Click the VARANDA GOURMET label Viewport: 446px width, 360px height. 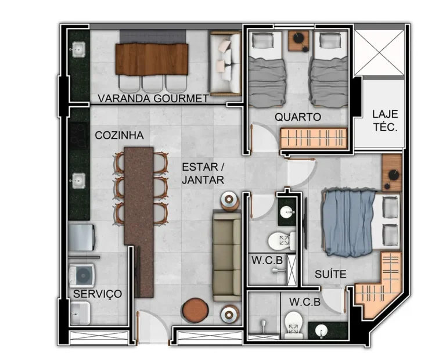click(153, 98)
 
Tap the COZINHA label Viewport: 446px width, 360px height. click(119, 135)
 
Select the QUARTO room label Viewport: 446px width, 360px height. click(298, 117)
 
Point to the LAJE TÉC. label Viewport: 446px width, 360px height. click(385, 121)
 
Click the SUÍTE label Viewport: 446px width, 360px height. click(330, 274)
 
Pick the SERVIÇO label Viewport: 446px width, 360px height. click(98, 294)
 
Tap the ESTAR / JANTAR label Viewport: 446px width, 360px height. click(203, 174)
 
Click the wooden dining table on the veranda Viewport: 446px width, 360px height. click(152, 59)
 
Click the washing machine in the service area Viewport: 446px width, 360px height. click(82, 275)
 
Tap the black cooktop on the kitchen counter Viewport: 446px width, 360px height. click(78, 136)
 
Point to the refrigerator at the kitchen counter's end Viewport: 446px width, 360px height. click(82, 237)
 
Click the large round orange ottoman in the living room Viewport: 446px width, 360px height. click(196, 310)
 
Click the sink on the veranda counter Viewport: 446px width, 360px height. click(78, 49)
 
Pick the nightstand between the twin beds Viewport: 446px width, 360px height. click(298, 41)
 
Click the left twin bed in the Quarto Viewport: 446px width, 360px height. click(266, 69)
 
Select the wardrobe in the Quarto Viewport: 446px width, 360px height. click(314, 138)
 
